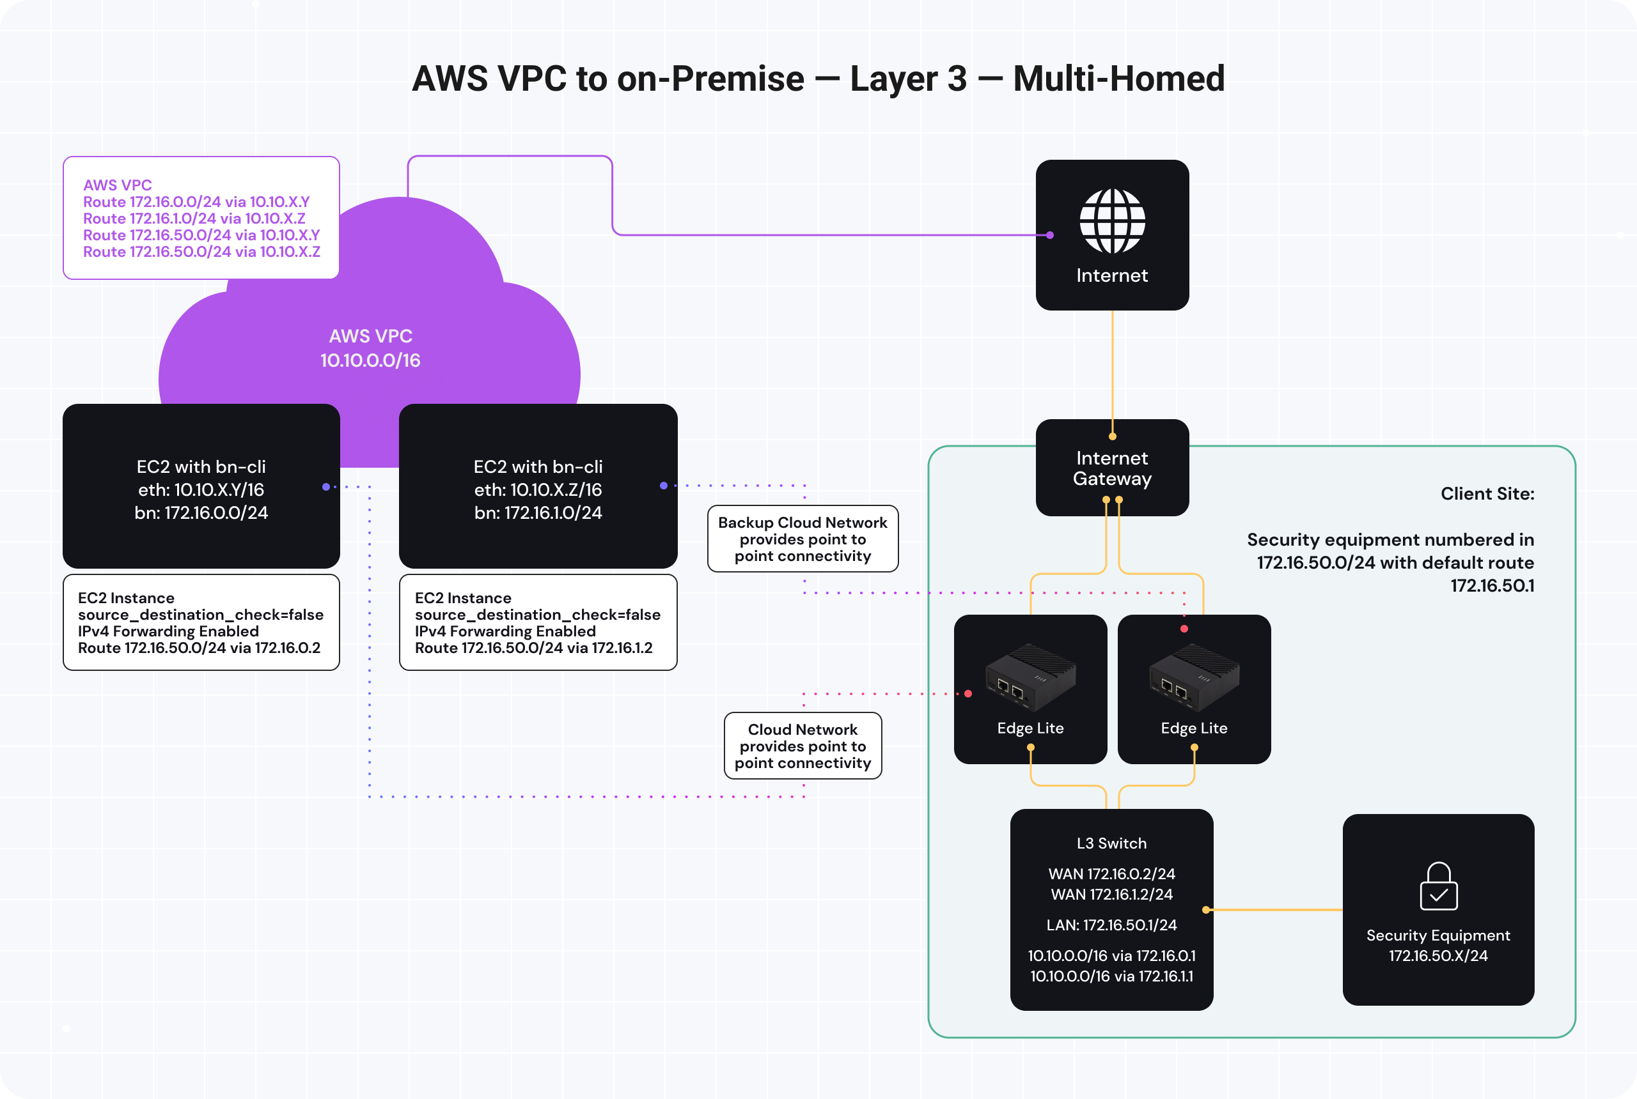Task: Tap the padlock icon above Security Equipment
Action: pos(1438,887)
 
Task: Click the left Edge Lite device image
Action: pos(1030,677)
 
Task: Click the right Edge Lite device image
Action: pos(1194,677)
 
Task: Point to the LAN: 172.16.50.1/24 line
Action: pos(1111,925)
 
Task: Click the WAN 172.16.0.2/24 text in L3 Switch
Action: pos(1111,874)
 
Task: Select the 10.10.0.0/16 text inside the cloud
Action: pos(370,361)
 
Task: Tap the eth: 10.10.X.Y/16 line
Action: pos(201,490)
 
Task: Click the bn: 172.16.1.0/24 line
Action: pos(538,513)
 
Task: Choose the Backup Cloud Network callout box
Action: pos(803,539)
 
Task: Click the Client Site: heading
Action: pos(1487,494)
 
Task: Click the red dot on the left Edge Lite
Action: pos(968,694)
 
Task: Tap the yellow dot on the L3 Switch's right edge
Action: pos(1205,910)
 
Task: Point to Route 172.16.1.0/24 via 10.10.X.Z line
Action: pos(194,219)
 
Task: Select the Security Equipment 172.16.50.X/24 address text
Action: pos(1438,956)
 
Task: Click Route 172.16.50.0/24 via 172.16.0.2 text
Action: pos(199,649)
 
